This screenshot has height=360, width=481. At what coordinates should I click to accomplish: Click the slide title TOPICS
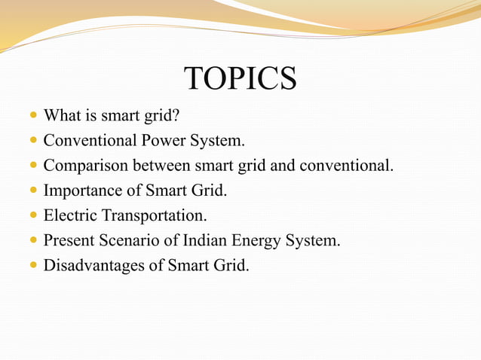click(x=240, y=79)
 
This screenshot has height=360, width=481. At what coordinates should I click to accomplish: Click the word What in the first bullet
click(x=60, y=117)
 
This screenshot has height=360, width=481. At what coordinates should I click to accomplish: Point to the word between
click(x=159, y=166)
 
